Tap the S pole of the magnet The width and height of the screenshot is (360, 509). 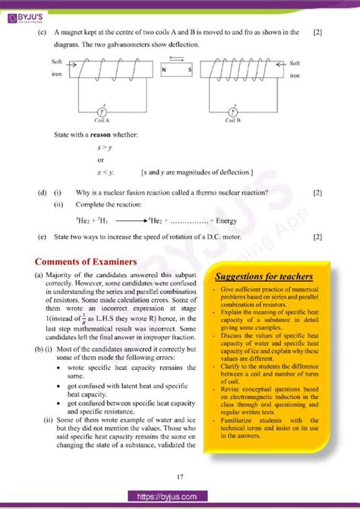(x=189, y=71)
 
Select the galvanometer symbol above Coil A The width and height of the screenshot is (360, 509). (x=103, y=111)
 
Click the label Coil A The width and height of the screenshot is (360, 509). (x=103, y=120)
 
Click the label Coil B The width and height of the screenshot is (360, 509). (x=234, y=120)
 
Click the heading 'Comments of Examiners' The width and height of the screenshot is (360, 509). (x=81, y=261)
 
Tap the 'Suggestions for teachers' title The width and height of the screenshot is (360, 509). (x=264, y=276)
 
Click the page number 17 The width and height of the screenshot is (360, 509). (x=180, y=476)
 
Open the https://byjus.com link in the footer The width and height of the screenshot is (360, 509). (x=180, y=496)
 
